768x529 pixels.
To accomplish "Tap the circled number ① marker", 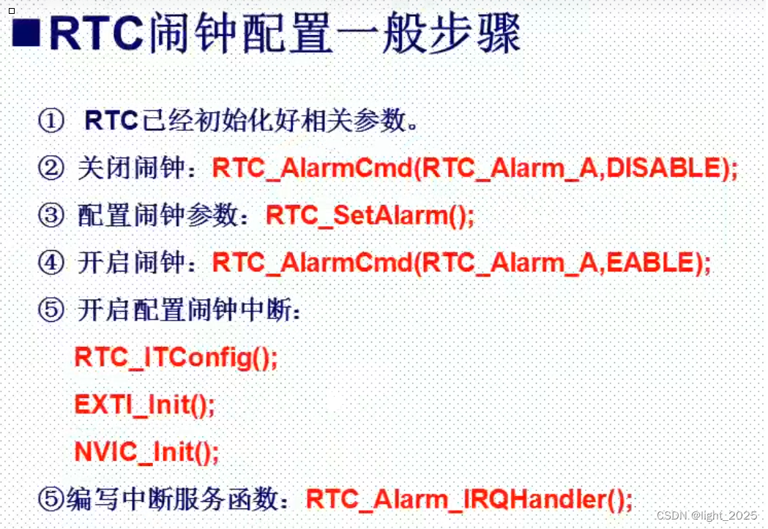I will [51, 121].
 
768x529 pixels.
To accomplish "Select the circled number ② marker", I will [51, 168].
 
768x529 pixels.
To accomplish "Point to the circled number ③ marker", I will [51, 215].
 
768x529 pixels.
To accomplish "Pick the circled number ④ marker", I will [51, 263].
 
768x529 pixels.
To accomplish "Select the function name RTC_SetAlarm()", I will [370, 215].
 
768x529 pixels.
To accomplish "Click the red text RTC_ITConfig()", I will [176, 358].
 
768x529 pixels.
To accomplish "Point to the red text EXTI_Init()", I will [145, 405].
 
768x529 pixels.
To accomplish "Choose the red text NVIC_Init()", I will [147, 451].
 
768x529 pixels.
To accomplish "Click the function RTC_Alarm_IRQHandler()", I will [469, 500].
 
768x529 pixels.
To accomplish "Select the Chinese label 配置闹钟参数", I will [161, 215].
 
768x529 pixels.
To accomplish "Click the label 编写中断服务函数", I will [176, 500].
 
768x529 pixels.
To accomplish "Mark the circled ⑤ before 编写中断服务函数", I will [51, 500].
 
